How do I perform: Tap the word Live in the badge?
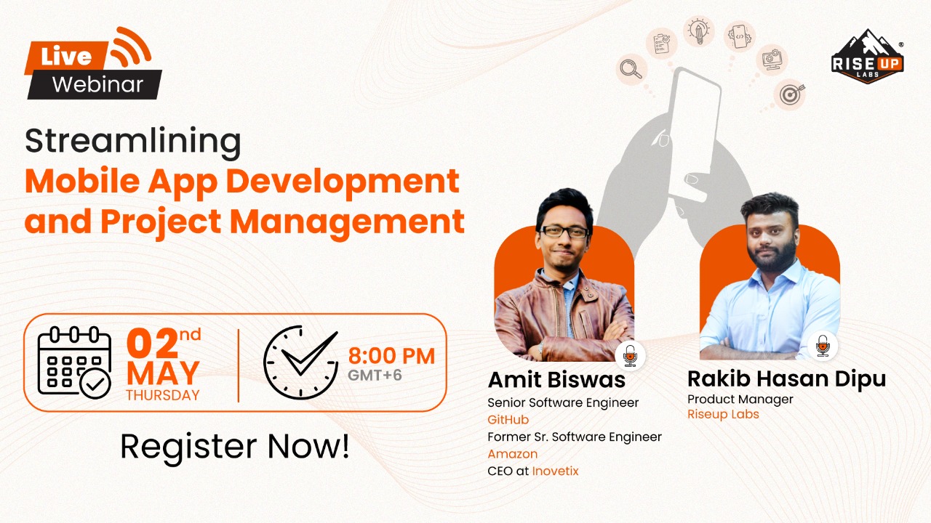tap(66, 57)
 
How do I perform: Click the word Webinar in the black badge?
tap(97, 84)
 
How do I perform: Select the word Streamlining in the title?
tap(132, 141)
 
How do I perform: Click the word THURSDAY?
tap(162, 396)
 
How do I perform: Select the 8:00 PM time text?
tap(391, 356)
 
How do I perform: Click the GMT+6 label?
tap(375, 376)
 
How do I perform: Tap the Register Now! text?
tap(234, 446)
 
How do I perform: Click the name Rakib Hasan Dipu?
tap(786, 378)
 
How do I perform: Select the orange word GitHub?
tap(508, 420)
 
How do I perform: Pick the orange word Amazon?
tap(512, 454)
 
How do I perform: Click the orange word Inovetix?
tap(555, 471)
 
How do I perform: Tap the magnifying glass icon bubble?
tap(631, 69)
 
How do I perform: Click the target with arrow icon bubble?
tap(788, 94)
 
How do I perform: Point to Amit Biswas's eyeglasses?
tap(563, 232)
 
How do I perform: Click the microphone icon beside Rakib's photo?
tap(823, 346)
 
